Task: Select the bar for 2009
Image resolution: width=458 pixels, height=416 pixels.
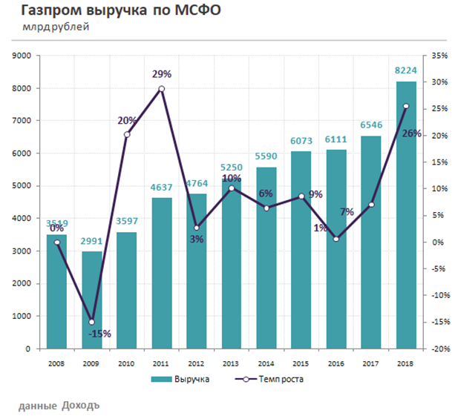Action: pyautogui.click(x=92, y=300)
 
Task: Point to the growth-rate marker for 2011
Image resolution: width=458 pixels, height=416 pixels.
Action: pyautogui.click(x=162, y=89)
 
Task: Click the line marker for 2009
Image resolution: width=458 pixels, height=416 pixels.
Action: pyautogui.click(x=92, y=322)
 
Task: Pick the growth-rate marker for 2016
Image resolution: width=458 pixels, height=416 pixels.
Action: pyautogui.click(x=336, y=239)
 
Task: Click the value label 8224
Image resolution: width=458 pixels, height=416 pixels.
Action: pyautogui.click(x=406, y=71)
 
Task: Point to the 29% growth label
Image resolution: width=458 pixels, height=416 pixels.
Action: pyautogui.click(x=162, y=74)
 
